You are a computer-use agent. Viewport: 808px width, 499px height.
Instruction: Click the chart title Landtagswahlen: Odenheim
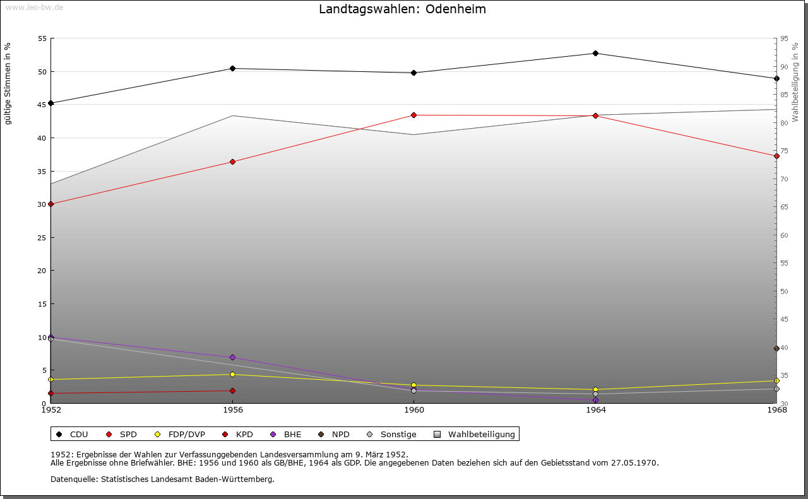[402, 9]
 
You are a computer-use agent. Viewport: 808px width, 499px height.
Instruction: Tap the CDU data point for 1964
[595, 53]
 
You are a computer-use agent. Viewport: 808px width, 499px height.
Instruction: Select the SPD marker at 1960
[413, 115]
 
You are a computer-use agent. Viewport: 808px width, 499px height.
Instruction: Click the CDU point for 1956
[232, 68]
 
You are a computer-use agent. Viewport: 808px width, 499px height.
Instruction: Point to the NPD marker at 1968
[776, 348]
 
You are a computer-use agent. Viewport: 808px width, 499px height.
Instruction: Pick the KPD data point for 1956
[232, 390]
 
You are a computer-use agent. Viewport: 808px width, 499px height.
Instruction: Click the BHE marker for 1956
[232, 357]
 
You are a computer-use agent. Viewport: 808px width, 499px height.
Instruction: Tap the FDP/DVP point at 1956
[232, 374]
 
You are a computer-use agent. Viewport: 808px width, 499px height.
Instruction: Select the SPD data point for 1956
[232, 161]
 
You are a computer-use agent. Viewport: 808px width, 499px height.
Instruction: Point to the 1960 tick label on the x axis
[414, 410]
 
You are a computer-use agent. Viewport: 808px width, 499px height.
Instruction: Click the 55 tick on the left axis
[42, 38]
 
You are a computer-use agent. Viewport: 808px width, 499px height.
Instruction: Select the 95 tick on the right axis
[784, 38]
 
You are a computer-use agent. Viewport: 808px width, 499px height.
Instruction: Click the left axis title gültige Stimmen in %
[8, 83]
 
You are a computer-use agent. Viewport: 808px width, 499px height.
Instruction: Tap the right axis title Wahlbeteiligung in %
[795, 82]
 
